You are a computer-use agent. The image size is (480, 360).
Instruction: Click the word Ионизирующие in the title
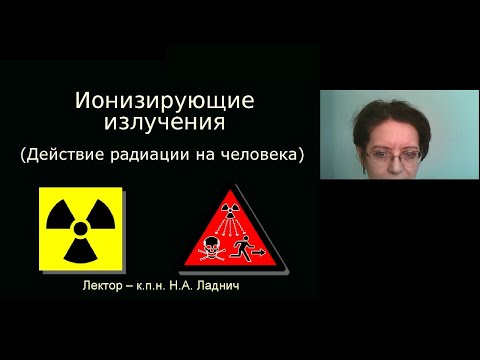point(165,101)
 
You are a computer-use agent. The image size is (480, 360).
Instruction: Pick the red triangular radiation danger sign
point(233,235)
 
